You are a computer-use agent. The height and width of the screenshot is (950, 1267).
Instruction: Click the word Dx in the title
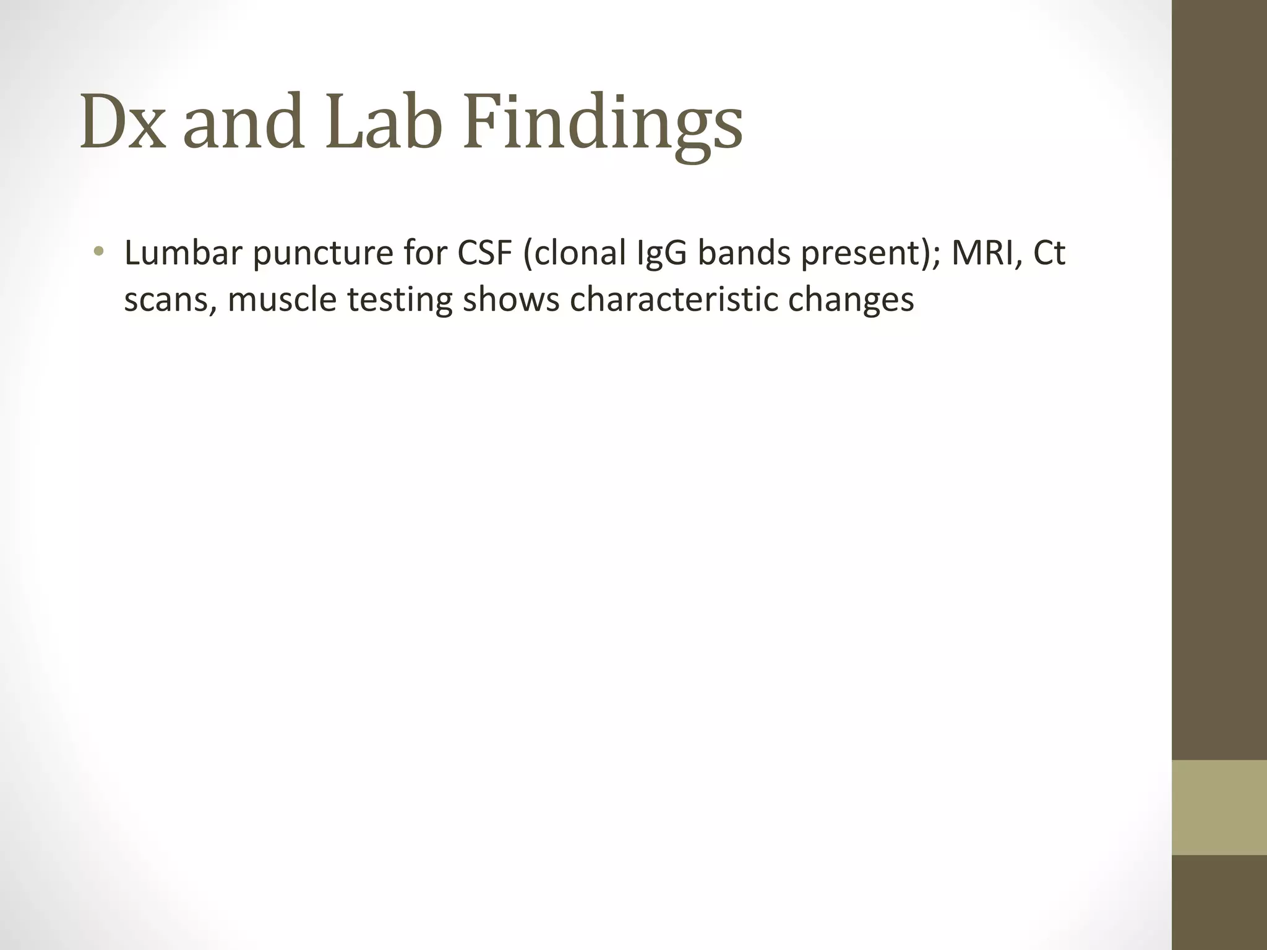(x=123, y=122)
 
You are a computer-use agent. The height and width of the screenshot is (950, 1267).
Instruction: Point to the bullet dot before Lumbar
(x=99, y=252)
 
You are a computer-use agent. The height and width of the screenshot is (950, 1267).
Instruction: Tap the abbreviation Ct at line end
(x=1049, y=253)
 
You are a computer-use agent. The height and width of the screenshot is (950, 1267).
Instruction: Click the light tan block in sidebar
(x=1219, y=807)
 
